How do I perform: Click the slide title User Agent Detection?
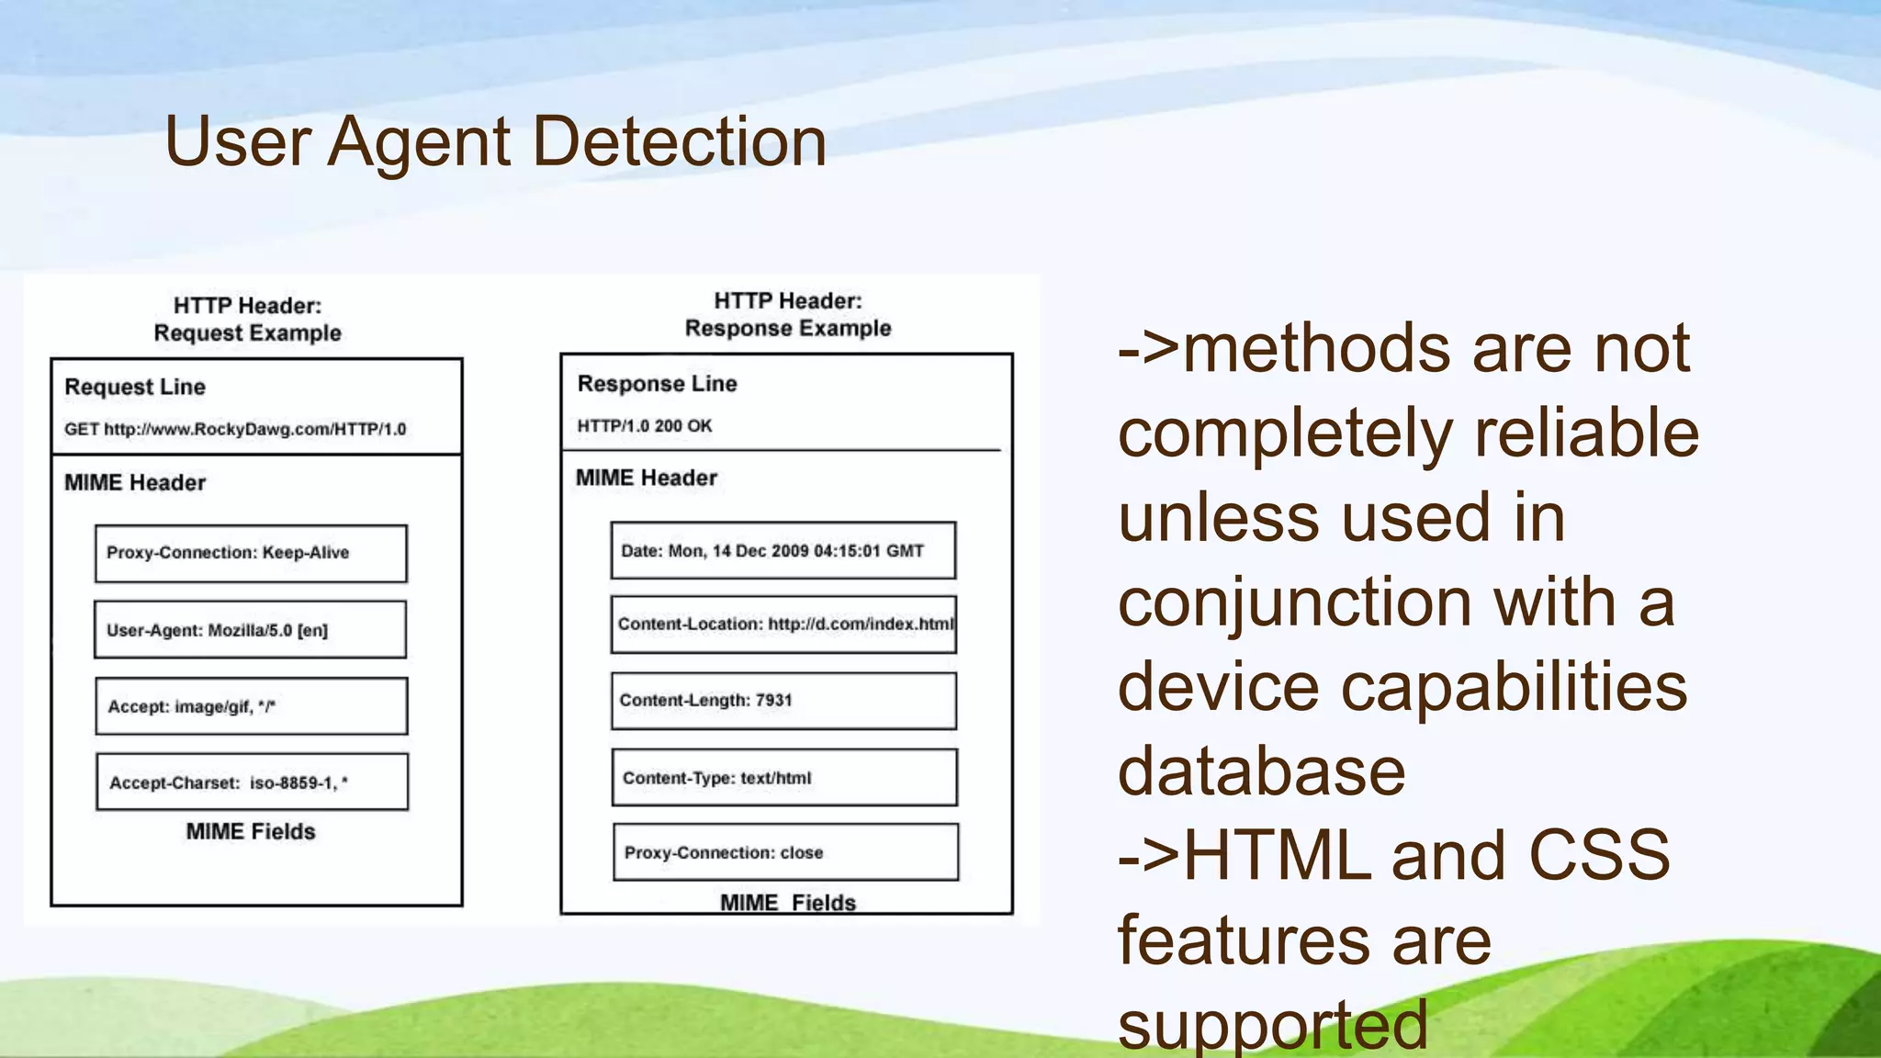(x=495, y=141)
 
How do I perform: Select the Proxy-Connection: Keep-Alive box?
(x=251, y=553)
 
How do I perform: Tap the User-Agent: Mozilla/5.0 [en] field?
(x=250, y=630)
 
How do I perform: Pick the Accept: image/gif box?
(x=251, y=706)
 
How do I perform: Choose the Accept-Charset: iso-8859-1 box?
(x=252, y=782)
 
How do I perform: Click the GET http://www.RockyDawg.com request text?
(x=235, y=429)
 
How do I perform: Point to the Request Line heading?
(x=135, y=387)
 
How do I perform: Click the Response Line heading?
(x=657, y=383)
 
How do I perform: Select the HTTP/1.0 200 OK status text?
(x=644, y=425)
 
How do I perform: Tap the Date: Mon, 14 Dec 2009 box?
(x=783, y=550)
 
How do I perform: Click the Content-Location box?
(x=783, y=625)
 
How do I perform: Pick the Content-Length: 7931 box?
(x=783, y=701)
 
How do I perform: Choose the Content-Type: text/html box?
(x=784, y=778)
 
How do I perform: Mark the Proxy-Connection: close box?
(x=785, y=852)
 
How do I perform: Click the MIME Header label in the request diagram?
(x=135, y=482)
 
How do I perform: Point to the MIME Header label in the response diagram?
(x=647, y=478)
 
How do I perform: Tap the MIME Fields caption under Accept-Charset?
(x=251, y=831)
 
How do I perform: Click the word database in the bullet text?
(x=1261, y=771)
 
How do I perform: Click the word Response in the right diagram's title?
(x=731, y=328)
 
